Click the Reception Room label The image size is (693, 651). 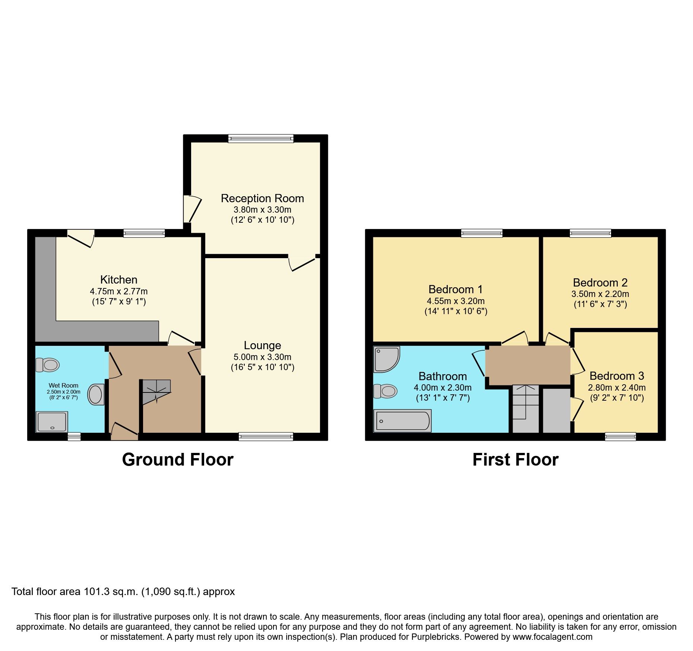[x=262, y=198]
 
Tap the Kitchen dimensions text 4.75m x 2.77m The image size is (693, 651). [x=118, y=291]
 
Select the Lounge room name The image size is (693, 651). [x=262, y=345]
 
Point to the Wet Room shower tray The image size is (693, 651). [x=52, y=422]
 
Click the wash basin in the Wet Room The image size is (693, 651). [x=96, y=394]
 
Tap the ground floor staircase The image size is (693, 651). [x=156, y=392]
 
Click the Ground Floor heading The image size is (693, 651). [x=178, y=460]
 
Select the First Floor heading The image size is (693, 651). [x=515, y=460]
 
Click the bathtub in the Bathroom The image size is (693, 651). [x=402, y=421]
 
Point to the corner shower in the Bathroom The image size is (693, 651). [x=386, y=359]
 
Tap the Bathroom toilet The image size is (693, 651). [x=385, y=391]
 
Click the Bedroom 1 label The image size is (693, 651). [x=455, y=289]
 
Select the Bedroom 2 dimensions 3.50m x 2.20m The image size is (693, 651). [x=600, y=294]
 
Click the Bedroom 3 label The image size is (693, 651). [x=617, y=376]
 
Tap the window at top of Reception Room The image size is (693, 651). [x=261, y=138]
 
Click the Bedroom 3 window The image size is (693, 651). [x=620, y=436]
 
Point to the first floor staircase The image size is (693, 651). [x=526, y=408]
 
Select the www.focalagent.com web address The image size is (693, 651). [x=552, y=637]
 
